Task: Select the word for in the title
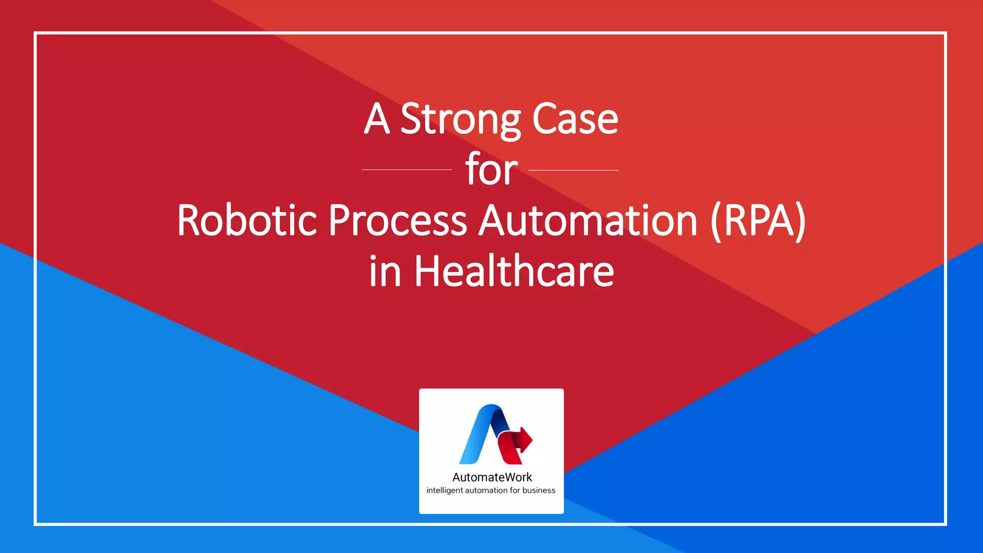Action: click(491, 170)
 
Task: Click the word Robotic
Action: click(247, 221)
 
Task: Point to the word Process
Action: click(397, 221)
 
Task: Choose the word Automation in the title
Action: click(588, 221)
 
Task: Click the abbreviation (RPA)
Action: click(758, 221)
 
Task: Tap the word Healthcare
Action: click(514, 272)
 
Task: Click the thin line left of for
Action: click(406, 170)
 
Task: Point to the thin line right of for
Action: click(573, 170)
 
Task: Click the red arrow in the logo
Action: click(523, 439)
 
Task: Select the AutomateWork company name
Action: click(492, 477)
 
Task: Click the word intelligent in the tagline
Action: click(444, 491)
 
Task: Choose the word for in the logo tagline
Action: click(515, 491)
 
